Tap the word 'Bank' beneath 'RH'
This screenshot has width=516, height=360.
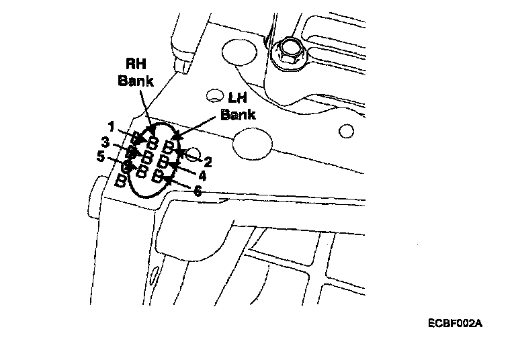[x=136, y=81]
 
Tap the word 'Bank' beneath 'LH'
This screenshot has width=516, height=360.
[x=238, y=114]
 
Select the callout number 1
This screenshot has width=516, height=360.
[x=111, y=126]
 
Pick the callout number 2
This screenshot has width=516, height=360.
[x=208, y=161]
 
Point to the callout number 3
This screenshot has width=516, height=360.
[x=105, y=142]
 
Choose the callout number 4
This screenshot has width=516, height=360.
[x=202, y=175]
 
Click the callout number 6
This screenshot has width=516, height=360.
[x=197, y=191]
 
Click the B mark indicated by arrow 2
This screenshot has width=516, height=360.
[x=170, y=146]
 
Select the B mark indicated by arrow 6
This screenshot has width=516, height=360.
[x=158, y=176]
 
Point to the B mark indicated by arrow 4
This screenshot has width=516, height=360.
[x=163, y=162]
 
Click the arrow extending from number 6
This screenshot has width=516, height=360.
[x=176, y=183]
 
